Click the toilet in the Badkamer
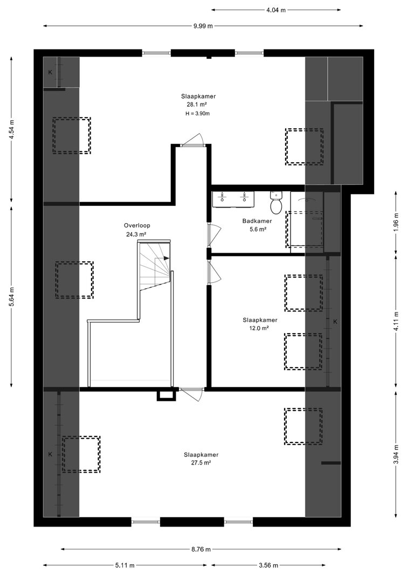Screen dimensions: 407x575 click(275, 202)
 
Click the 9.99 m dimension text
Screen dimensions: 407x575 click(203, 26)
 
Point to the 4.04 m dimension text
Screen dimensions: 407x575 click(275, 10)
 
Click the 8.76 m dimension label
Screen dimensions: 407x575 click(201, 549)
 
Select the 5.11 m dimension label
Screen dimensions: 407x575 click(125, 565)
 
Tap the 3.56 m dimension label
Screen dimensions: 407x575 click(268, 565)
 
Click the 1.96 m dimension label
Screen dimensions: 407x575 click(396, 222)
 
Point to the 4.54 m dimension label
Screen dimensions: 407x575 click(12, 130)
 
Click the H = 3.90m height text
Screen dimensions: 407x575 click(198, 114)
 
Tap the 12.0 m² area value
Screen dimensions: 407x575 click(259, 328)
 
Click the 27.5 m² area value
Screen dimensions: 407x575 click(201, 463)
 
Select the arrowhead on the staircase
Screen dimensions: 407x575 click(167, 258)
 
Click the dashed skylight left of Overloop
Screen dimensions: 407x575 click(74, 280)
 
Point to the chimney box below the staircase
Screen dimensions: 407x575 click(166, 396)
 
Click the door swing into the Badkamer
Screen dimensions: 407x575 click(214, 235)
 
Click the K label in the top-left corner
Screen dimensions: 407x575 click(50, 72)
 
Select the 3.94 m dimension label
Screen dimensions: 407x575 click(396, 454)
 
